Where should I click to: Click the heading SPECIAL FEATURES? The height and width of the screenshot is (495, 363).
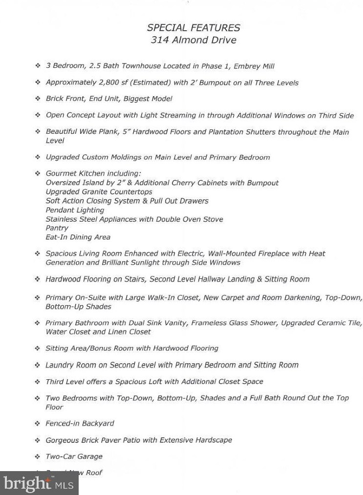(193, 28)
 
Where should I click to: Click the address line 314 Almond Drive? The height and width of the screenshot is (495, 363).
(193, 40)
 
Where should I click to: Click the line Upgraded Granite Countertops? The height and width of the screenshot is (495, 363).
(99, 192)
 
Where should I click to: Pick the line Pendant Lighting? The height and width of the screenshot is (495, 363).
(75, 210)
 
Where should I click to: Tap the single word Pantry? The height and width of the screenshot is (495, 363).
(57, 228)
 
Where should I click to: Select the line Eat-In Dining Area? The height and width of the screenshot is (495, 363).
(78, 237)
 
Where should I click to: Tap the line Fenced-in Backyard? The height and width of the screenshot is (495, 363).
(80, 424)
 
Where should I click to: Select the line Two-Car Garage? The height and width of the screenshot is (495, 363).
(74, 456)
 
